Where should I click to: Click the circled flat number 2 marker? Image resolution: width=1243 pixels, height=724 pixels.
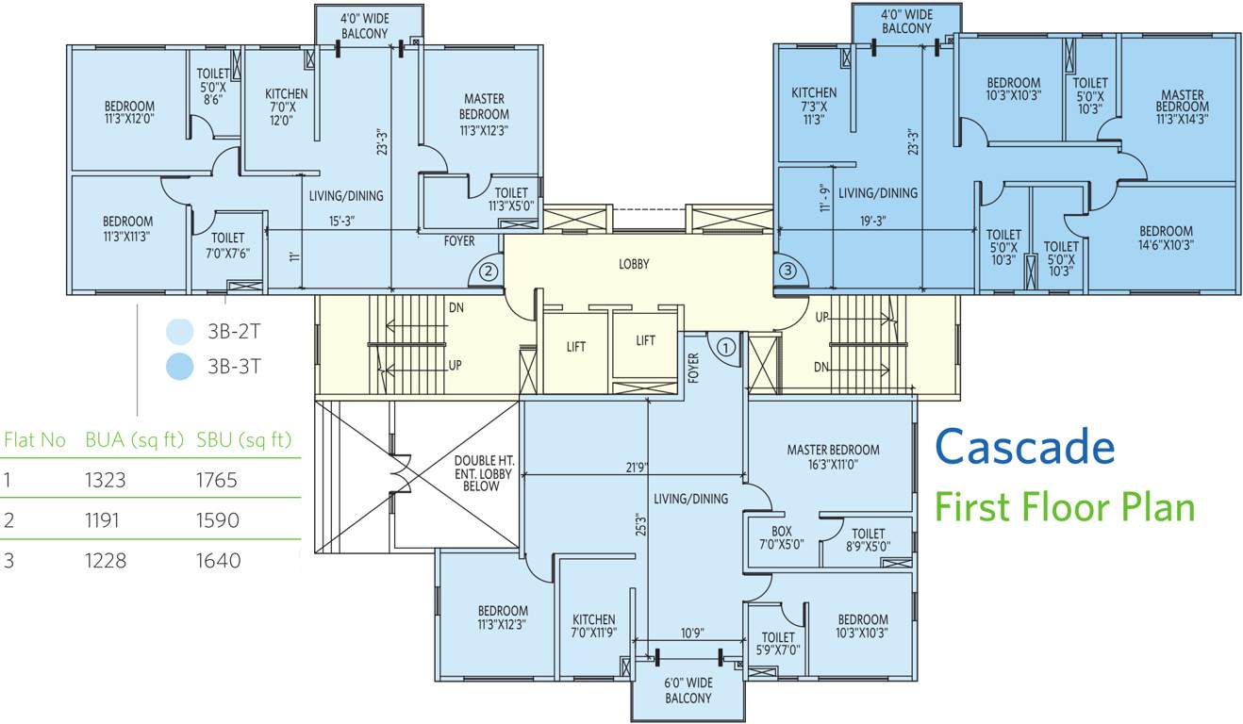(x=488, y=271)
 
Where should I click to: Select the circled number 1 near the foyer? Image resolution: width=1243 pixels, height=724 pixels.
(x=725, y=346)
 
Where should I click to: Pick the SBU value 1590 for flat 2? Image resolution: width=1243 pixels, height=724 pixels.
(x=218, y=520)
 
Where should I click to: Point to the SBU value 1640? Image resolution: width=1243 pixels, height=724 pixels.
(x=218, y=561)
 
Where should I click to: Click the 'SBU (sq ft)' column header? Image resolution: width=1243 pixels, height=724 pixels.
(x=244, y=440)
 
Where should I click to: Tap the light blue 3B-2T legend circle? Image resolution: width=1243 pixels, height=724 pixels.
(x=179, y=332)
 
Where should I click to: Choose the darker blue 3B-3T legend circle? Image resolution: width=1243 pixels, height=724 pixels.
(x=179, y=366)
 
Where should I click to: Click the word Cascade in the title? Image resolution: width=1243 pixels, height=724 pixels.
(x=1025, y=447)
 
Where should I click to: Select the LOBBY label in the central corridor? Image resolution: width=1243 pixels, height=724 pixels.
(x=634, y=265)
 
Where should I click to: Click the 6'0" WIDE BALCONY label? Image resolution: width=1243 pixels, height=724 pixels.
(x=688, y=690)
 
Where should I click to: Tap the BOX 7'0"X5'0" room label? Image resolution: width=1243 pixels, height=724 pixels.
(x=781, y=537)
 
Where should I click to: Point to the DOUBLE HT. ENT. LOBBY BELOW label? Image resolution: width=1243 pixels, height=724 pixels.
(x=482, y=468)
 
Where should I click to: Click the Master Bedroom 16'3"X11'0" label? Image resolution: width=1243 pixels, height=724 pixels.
(x=833, y=457)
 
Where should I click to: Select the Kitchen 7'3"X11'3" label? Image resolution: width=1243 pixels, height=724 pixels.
(x=814, y=106)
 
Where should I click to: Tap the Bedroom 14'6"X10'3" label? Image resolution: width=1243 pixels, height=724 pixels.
(x=1166, y=238)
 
